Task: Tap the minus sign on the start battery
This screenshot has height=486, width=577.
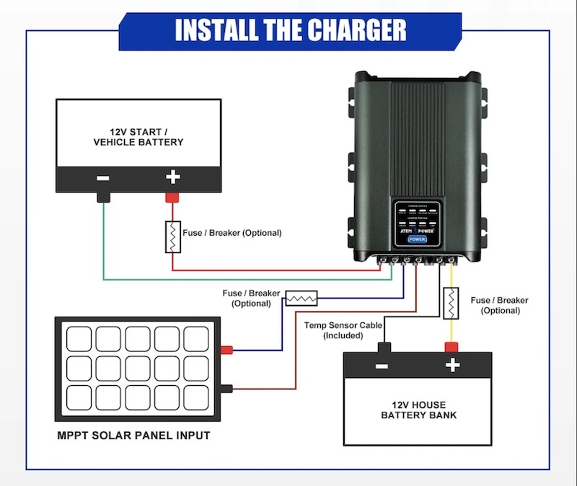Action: pyautogui.click(x=103, y=177)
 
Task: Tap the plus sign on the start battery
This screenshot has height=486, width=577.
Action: pyautogui.click(x=173, y=177)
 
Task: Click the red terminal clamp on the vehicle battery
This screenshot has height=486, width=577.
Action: pyautogui.click(x=173, y=197)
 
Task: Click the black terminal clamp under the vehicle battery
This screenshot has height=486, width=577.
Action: pyautogui.click(x=103, y=197)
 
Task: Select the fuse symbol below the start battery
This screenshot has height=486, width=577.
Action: pyautogui.click(x=173, y=237)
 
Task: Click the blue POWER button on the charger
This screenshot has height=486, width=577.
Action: pyautogui.click(x=417, y=239)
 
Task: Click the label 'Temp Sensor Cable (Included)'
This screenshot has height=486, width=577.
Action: pyautogui.click(x=343, y=331)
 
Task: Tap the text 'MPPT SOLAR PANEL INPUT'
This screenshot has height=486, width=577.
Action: pyautogui.click(x=133, y=436)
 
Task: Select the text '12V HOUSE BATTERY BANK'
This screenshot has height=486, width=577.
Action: pyautogui.click(x=418, y=410)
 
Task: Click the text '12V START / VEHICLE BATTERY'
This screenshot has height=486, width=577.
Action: pyautogui.click(x=138, y=137)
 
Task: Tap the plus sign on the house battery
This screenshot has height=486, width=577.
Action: pyautogui.click(x=452, y=366)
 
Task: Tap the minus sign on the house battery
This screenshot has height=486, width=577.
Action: pyautogui.click(x=383, y=366)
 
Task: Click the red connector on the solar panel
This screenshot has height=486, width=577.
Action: pyautogui.click(x=226, y=350)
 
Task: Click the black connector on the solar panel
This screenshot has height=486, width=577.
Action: pyautogui.click(x=226, y=389)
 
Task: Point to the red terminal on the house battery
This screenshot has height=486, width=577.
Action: pyautogui.click(x=452, y=345)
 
